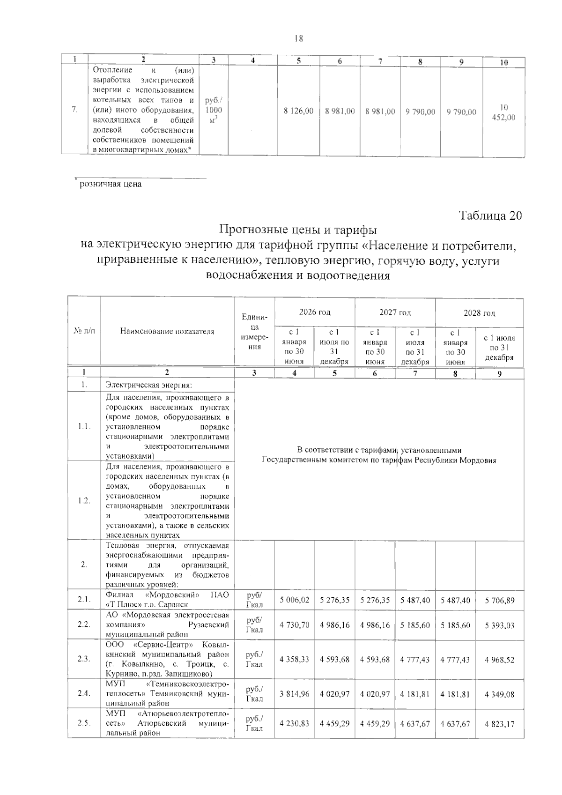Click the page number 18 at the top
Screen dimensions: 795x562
pos(298,39)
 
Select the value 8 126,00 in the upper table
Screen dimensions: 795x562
pos(299,111)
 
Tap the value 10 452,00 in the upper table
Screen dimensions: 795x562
pos(503,112)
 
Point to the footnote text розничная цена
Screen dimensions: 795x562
pos(111,184)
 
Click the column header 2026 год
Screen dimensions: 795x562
pos(315,312)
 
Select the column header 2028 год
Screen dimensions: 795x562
pos(479,313)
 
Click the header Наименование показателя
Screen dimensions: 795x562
pos(167,331)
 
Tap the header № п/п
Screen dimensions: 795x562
pos(84,331)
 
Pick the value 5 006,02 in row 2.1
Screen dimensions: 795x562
pos(295,600)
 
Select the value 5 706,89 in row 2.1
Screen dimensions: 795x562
pos(499,600)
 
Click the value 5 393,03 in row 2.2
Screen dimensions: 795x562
pos(499,625)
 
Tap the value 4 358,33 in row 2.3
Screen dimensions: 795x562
pos(295,659)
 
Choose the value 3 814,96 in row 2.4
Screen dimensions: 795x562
pos(295,694)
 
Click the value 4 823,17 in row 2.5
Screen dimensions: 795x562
pos(499,724)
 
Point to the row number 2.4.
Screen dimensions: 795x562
pos(84,694)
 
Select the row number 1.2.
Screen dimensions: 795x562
pos(84,501)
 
